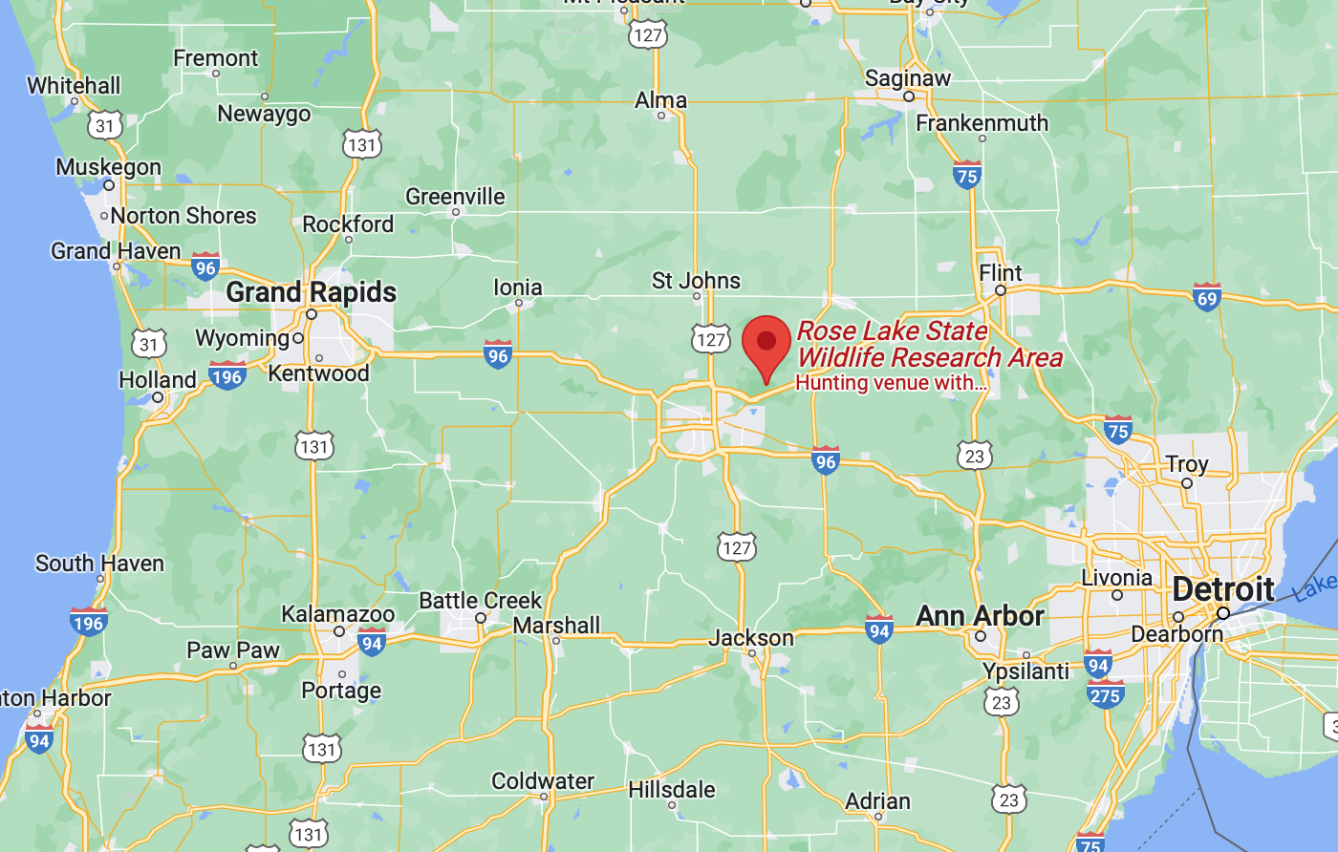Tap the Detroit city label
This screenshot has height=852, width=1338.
(1223, 588)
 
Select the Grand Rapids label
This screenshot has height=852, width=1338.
(311, 291)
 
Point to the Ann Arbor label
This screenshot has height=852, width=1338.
(980, 616)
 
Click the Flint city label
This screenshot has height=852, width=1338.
(1001, 272)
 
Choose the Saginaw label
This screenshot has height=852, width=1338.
(908, 78)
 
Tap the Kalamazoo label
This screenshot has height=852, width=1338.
(337, 614)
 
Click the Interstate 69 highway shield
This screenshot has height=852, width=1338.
(1207, 297)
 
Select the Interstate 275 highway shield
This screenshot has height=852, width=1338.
(1105, 695)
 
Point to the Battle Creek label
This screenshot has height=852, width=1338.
(481, 601)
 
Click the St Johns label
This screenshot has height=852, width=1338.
(696, 281)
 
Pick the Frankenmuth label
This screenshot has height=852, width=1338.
(982, 123)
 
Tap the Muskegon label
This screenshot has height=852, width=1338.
(108, 167)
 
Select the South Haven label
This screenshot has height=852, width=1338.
(99, 564)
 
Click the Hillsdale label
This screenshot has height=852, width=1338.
(672, 790)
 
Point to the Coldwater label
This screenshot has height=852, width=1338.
(543, 781)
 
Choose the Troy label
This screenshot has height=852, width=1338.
(1187, 464)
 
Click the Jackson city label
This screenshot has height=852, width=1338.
(751, 638)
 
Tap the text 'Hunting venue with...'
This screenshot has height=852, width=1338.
(891, 383)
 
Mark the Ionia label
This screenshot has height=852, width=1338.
(518, 288)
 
